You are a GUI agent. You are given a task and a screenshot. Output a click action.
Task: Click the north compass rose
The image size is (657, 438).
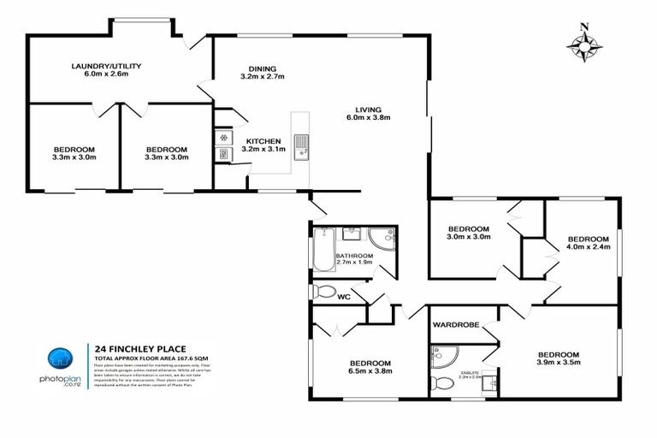coord(584,44)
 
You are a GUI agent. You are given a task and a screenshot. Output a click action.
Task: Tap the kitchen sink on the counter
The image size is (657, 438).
coord(301,145)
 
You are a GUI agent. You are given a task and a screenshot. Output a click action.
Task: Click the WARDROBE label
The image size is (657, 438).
coord(455,325)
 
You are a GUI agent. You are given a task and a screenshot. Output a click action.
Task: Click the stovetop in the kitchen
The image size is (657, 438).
coord(222,137)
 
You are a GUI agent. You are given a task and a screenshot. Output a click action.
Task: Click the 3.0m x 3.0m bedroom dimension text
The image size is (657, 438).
coord(468,239)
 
